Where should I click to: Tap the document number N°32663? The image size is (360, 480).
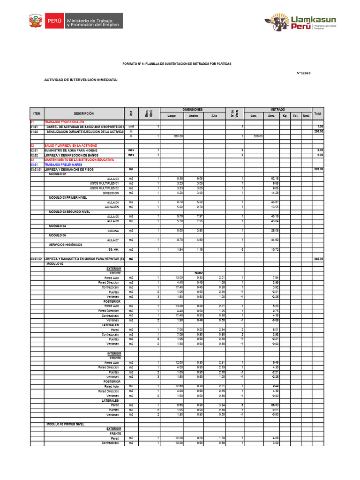click(x=304, y=73)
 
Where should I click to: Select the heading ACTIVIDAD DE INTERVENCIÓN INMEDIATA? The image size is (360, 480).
click(x=81, y=80)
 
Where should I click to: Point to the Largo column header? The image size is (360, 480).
click(x=172, y=115)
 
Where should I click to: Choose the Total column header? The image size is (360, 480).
click(x=318, y=113)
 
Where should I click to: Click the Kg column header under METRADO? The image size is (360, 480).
click(x=284, y=115)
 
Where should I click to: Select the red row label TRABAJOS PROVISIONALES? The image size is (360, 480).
click(x=64, y=122)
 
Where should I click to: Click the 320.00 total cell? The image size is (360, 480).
click(x=319, y=169)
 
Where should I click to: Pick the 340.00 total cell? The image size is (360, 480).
click(x=319, y=259)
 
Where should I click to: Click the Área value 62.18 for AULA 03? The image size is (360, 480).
click(x=275, y=179)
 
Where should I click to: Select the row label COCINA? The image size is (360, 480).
click(x=113, y=231)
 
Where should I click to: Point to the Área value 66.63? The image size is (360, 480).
click(x=275, y=405)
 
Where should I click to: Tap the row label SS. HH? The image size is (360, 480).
click(x=113, y=249)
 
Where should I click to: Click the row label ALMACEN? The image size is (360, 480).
click(x=112, y=207)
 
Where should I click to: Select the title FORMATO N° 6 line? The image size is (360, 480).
click(x=177, y=63)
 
